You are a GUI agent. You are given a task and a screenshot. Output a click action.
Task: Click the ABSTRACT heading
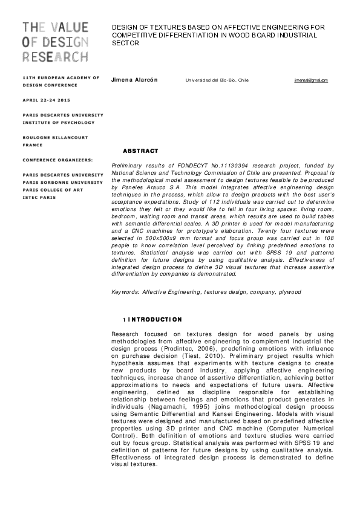click(140, 151)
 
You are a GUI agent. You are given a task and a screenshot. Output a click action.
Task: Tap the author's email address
click(311, 80)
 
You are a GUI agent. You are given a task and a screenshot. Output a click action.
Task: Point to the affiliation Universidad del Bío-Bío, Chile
click(217, 80)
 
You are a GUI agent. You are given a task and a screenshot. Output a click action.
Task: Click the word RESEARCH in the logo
click(55, 57)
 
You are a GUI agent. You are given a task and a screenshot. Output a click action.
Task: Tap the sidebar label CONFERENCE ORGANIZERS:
click(58, 160)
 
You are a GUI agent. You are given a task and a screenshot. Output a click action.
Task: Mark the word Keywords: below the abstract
click(126, 292)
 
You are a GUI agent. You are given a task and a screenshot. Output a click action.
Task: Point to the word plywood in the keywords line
click(290, 292)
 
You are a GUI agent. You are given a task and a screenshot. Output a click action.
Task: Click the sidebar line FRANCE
click(33, 145)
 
